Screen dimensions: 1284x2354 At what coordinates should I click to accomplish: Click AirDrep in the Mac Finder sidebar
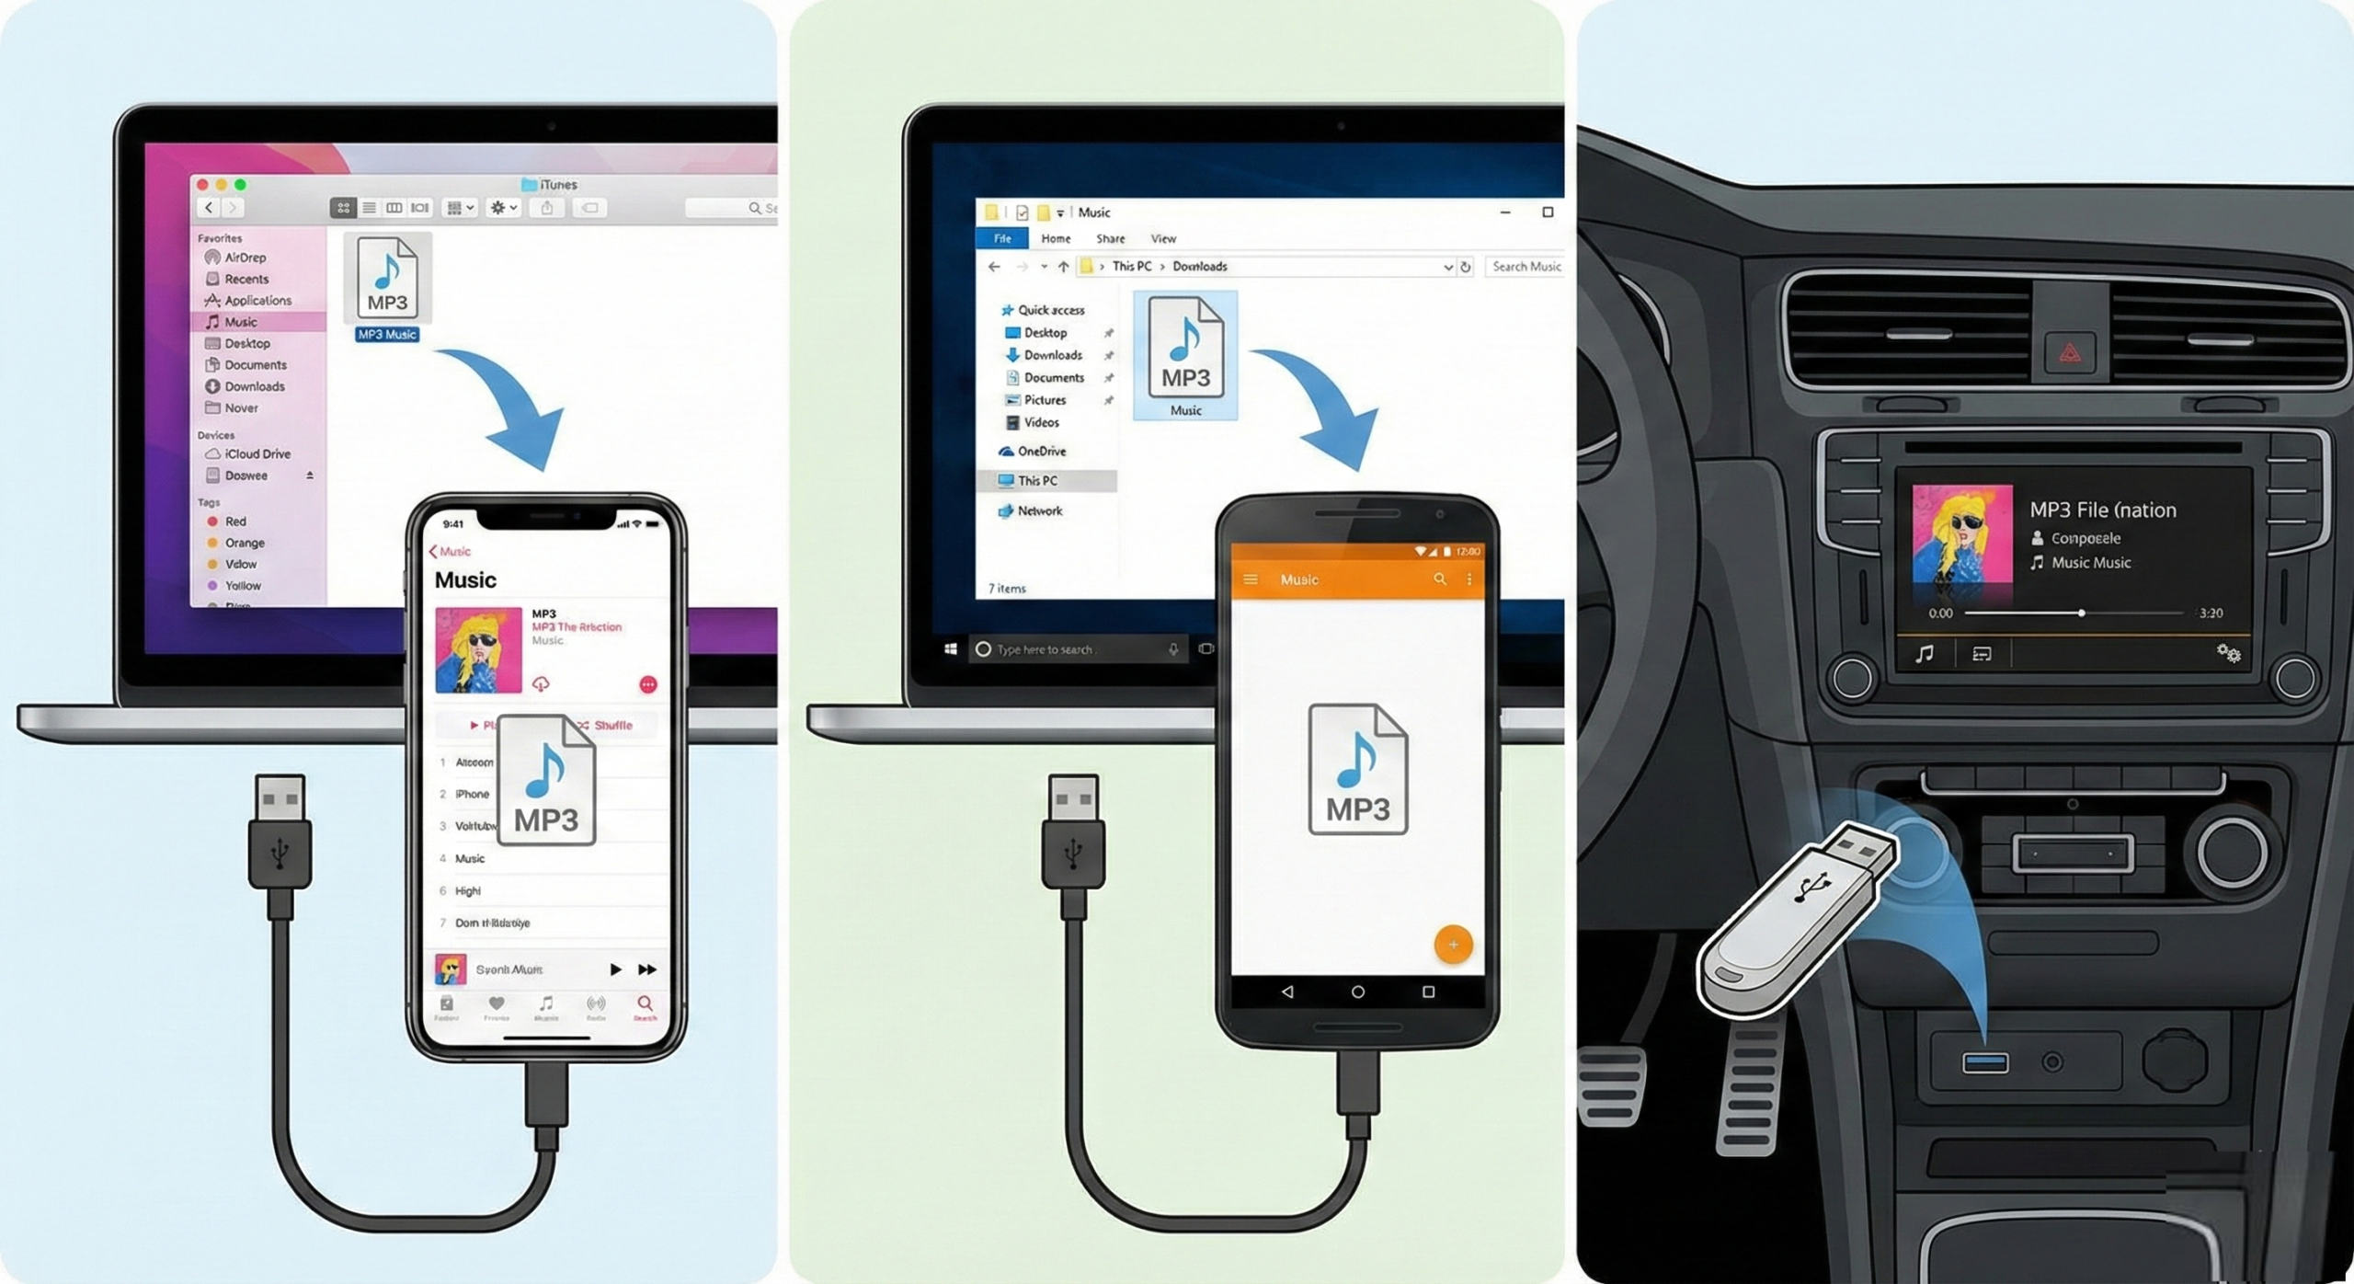244,258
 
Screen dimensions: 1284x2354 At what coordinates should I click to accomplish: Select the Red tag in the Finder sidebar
234,522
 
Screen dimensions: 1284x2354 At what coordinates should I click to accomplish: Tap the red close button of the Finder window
202,185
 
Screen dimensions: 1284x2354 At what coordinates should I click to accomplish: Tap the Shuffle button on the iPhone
611,726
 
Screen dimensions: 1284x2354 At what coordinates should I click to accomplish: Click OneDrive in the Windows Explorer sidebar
1041,452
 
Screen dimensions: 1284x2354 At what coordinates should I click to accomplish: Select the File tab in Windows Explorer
1002,239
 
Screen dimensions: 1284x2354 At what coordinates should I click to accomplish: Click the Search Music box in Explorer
1526,267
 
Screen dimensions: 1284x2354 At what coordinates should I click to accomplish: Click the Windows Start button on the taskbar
950,649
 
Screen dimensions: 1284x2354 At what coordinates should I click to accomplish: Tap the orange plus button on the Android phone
1453,945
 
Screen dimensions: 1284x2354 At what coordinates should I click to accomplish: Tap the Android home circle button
1357,992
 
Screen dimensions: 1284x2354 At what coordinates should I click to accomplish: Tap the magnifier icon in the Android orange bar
1439,579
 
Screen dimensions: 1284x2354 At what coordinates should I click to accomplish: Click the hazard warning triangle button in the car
2069,352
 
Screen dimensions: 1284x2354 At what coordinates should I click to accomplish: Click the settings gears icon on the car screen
2228,653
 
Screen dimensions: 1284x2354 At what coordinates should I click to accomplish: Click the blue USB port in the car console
1984,1063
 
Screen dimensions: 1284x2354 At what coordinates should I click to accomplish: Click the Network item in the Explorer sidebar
1039,511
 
